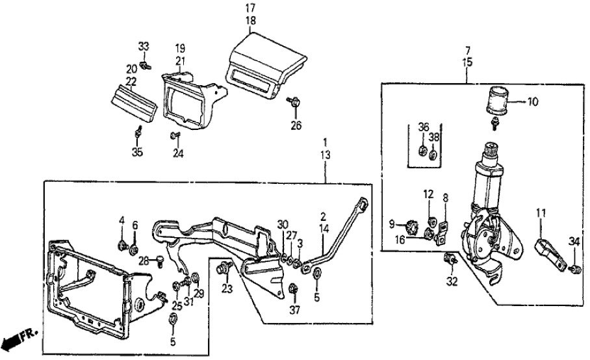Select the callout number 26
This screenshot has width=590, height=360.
[296, 125]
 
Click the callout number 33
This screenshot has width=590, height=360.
[144, 46]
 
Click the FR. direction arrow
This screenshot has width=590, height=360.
[14, 341]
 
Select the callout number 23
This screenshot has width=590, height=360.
[227, 288]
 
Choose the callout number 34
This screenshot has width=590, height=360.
[574, 242]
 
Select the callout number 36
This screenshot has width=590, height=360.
[422, 126]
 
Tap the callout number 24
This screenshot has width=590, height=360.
[177, 155]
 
